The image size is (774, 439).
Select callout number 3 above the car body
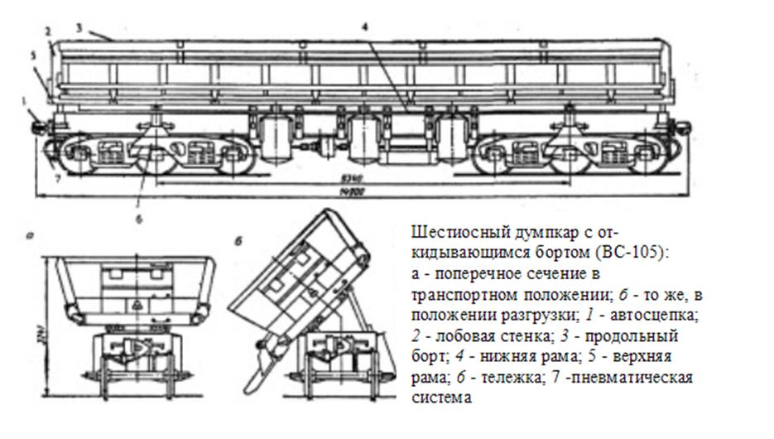coord(77,27)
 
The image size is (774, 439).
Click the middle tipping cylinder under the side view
coord(363,138)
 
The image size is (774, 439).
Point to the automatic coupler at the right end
coord(685,126)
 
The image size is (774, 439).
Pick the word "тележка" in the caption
coord(501,378)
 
